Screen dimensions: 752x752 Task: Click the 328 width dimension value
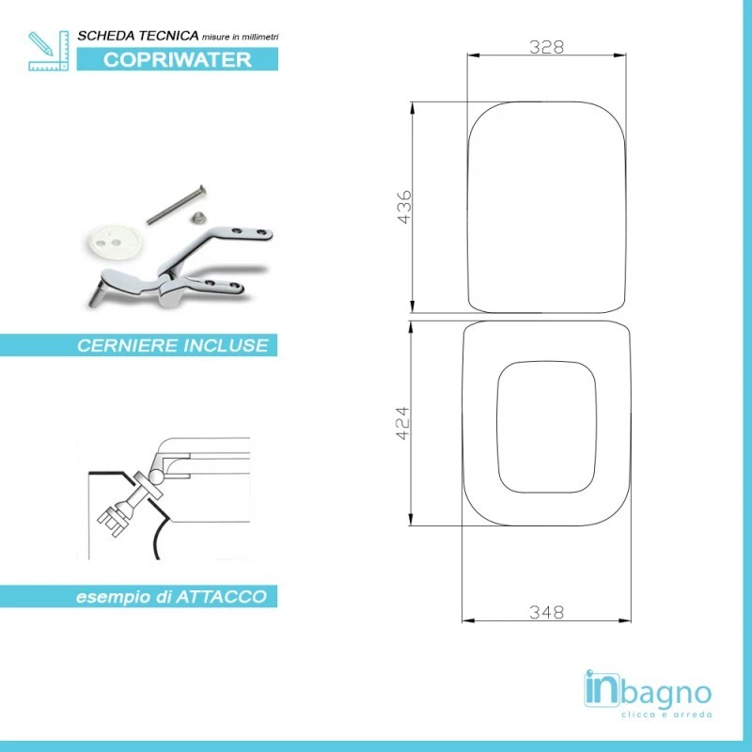[x=546, y=48]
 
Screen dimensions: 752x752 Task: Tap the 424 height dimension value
[x=401, y=425]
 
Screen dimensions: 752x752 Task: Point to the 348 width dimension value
[x=546, y=612]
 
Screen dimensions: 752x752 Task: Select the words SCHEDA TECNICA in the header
[x=137, y=35]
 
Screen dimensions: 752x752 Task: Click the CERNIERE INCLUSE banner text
[x=172, y=346]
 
